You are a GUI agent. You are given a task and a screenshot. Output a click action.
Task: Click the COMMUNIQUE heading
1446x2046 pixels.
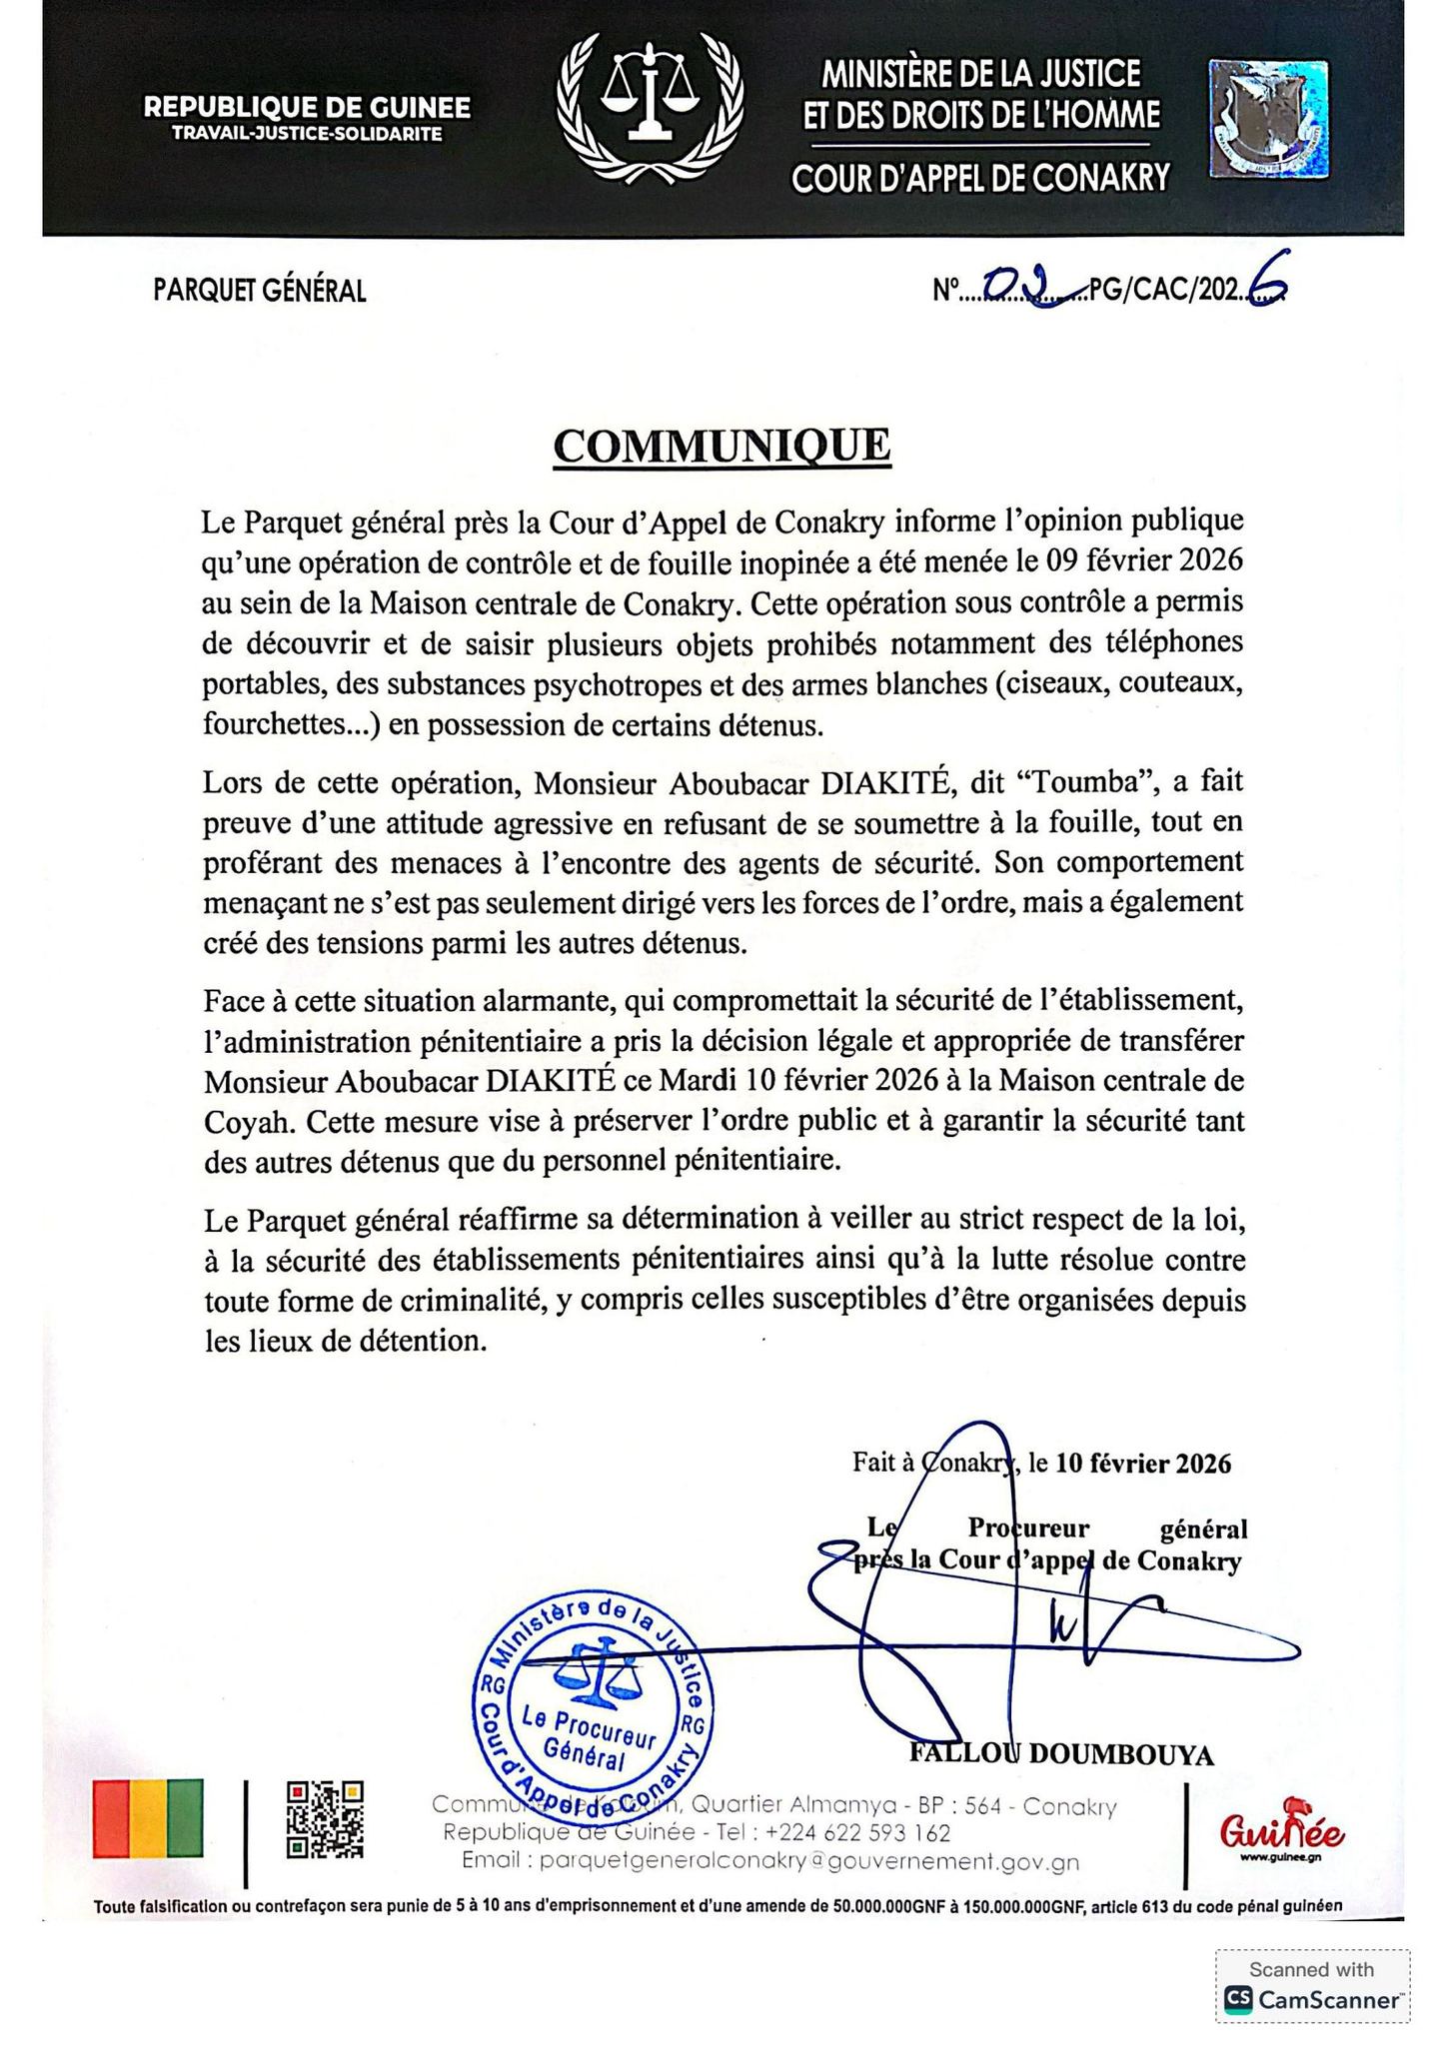pyautogui.click(x=722, y=447)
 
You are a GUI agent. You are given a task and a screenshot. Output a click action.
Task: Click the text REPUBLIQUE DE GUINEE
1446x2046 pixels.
pyautogui.click(x=307, y=107)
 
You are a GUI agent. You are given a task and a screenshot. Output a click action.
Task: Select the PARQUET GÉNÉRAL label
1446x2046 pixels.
pyautogui.click(x=260, y=291)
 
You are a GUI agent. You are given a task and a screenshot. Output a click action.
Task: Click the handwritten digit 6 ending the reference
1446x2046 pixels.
pyautogui.click(x=1266, y=288)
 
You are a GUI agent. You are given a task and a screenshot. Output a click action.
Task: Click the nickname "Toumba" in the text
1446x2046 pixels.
pyautogui.click(x=1092, y=782)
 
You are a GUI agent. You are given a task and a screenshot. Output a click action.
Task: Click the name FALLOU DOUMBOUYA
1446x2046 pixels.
pyautogui.click(x=1061, y=1755)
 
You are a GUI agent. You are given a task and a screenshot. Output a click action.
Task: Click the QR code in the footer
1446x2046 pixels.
pyautogui.click(x=325, y=1820)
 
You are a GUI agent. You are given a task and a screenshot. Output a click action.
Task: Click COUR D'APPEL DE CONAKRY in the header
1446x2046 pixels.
pyautogui.click(x=980, y=178)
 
